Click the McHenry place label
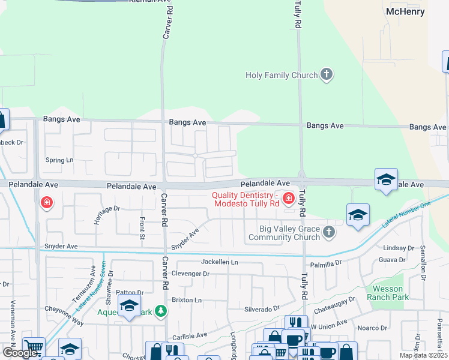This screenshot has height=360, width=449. (405, 11)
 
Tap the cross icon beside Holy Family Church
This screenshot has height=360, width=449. (327, 75)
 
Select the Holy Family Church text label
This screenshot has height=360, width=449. (282, 75)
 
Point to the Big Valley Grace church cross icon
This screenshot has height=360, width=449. (328, 232)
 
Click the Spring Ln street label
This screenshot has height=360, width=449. (59, 160)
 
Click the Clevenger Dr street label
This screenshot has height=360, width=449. (190, 274)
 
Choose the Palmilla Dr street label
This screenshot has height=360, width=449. (326, 263)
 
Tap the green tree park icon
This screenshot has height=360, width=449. (160, 311)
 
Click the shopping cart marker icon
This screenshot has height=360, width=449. (34, 348)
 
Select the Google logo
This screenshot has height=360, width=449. (20, 353)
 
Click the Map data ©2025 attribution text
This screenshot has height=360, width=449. (424, 355)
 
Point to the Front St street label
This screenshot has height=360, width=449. (142, 228)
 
